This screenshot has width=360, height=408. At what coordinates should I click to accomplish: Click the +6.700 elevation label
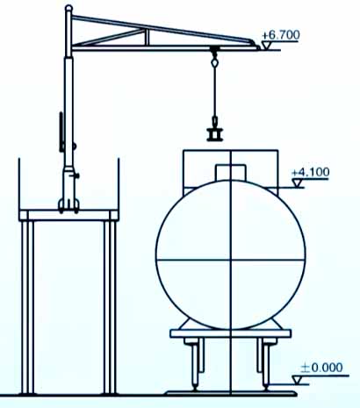[281, 35]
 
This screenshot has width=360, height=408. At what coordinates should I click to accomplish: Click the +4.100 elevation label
[311, 172]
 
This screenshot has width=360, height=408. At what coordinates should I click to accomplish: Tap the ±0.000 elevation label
[321, 368]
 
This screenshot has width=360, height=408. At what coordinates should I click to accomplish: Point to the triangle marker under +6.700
[267, 45]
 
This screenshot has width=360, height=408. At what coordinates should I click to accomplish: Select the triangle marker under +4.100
[298, 183]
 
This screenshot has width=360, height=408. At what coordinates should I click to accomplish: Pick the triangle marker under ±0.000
[297, 380]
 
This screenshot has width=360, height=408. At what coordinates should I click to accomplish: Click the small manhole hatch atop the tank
[230, 173]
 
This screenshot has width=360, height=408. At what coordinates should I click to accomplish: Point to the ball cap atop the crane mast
[68, 8]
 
